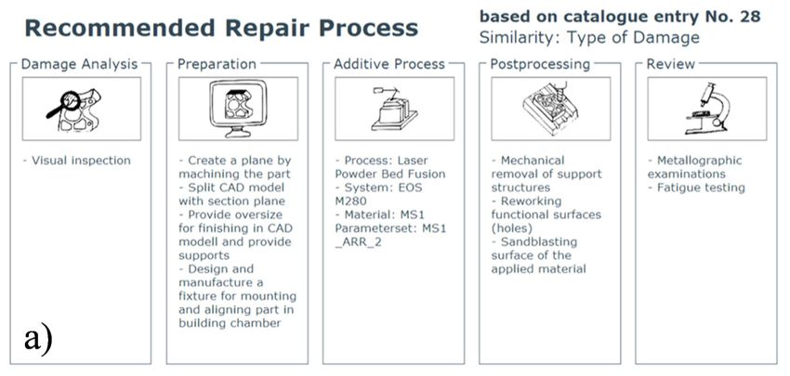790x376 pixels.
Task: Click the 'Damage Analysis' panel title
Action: (x=79, y=64)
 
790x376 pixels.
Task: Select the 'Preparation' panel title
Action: (x=217, y=64)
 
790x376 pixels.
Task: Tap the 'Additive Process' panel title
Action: (x=389, y=64)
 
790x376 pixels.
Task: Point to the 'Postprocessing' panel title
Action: (x=540, y=64)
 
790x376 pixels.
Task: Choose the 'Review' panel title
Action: (x=671, y=64)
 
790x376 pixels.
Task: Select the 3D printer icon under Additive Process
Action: (x=394, y=110)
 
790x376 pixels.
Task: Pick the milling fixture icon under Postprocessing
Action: (x=551, y=109)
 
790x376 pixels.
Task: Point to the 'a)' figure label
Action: (x=38, y=340)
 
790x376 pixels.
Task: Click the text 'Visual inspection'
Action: (x=81, y=161)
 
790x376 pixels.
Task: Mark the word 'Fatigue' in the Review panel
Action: (x=678, y=188)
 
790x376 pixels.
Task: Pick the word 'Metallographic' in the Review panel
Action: (x=699, y=161)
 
